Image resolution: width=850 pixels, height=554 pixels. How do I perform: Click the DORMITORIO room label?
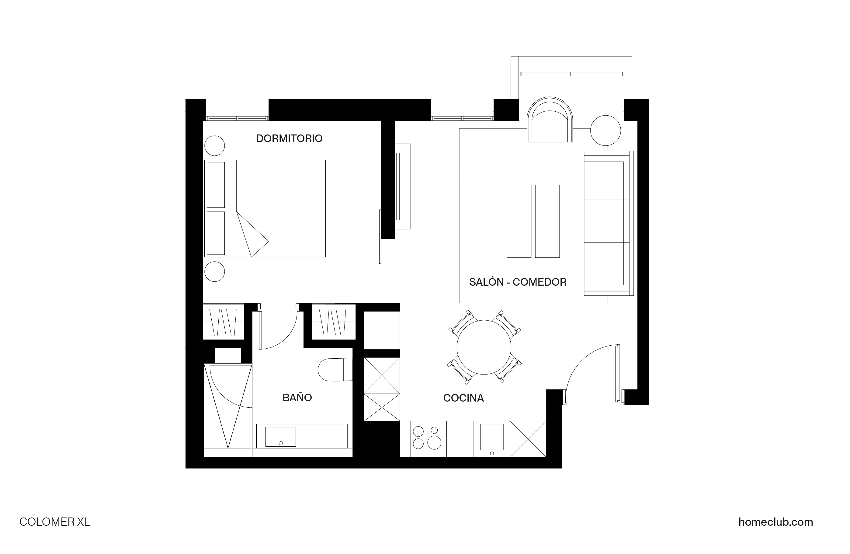pyautogui.click(x=289, y=139)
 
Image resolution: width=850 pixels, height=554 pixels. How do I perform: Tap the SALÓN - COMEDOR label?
pyautogui.click(x=518, y=282)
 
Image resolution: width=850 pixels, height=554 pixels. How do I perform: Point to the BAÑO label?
pyautogui.click(x=297, y=398)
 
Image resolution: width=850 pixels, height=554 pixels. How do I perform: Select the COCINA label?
pyautogui.click(x=463, y=398)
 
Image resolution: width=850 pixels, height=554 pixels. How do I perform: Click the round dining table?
pyautogui.click(x=484, y=347)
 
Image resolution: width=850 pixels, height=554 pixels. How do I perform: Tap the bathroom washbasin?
pyautogui.click(x=280, y=437)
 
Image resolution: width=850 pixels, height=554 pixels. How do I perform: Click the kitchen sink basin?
pyautogui.click(x=492, y=437)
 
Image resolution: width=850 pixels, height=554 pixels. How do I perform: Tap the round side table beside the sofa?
pyautogui.click(x=605, y=131)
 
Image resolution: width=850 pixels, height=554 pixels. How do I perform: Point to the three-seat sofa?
pyautogui.click(x=608, y=223)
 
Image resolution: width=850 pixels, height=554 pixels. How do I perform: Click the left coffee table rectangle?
pyautogui.click(x=519, y=221)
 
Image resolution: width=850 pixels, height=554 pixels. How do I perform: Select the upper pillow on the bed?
pyautogui.click(x=216, y=185)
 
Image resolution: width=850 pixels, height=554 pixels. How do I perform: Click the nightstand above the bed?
pyautogui.click(x=215, y=146)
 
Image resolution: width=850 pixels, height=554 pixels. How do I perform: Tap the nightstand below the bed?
pyautogui.click(x=215, y=271)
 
